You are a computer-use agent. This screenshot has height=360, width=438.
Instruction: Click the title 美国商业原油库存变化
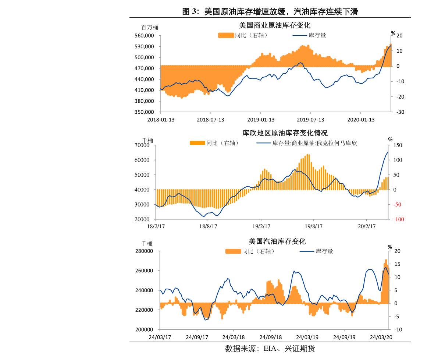point(274,25)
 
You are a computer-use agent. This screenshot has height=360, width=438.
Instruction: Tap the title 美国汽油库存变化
point(277,241)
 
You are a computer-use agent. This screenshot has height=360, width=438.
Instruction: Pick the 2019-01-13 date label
point(260,120)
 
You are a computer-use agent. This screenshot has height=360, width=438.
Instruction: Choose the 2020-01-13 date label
point(361,120)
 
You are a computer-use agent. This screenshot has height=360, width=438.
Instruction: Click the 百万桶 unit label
point(150,28)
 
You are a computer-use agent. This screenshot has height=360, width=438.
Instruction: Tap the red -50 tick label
point(399,205)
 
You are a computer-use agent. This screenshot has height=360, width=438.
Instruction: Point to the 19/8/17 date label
point(312,226)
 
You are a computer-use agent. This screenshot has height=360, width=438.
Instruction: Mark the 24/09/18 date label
point(271,337)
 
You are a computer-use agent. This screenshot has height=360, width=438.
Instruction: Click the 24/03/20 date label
point(381,337)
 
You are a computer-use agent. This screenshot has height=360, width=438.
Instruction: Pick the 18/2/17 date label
point(156,226)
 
